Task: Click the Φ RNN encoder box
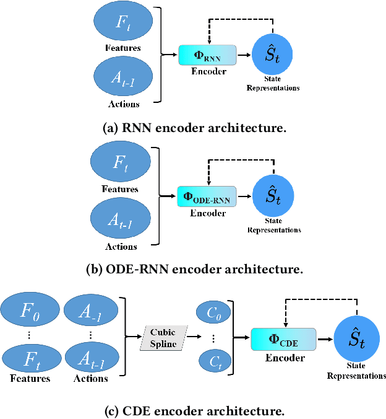[208, 55]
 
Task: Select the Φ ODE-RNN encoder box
[207, 197]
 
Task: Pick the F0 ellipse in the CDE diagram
[28, 312]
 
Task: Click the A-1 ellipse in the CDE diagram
[90, 312]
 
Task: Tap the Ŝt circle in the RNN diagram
[272, 56]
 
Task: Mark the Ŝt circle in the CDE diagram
[356, 340]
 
